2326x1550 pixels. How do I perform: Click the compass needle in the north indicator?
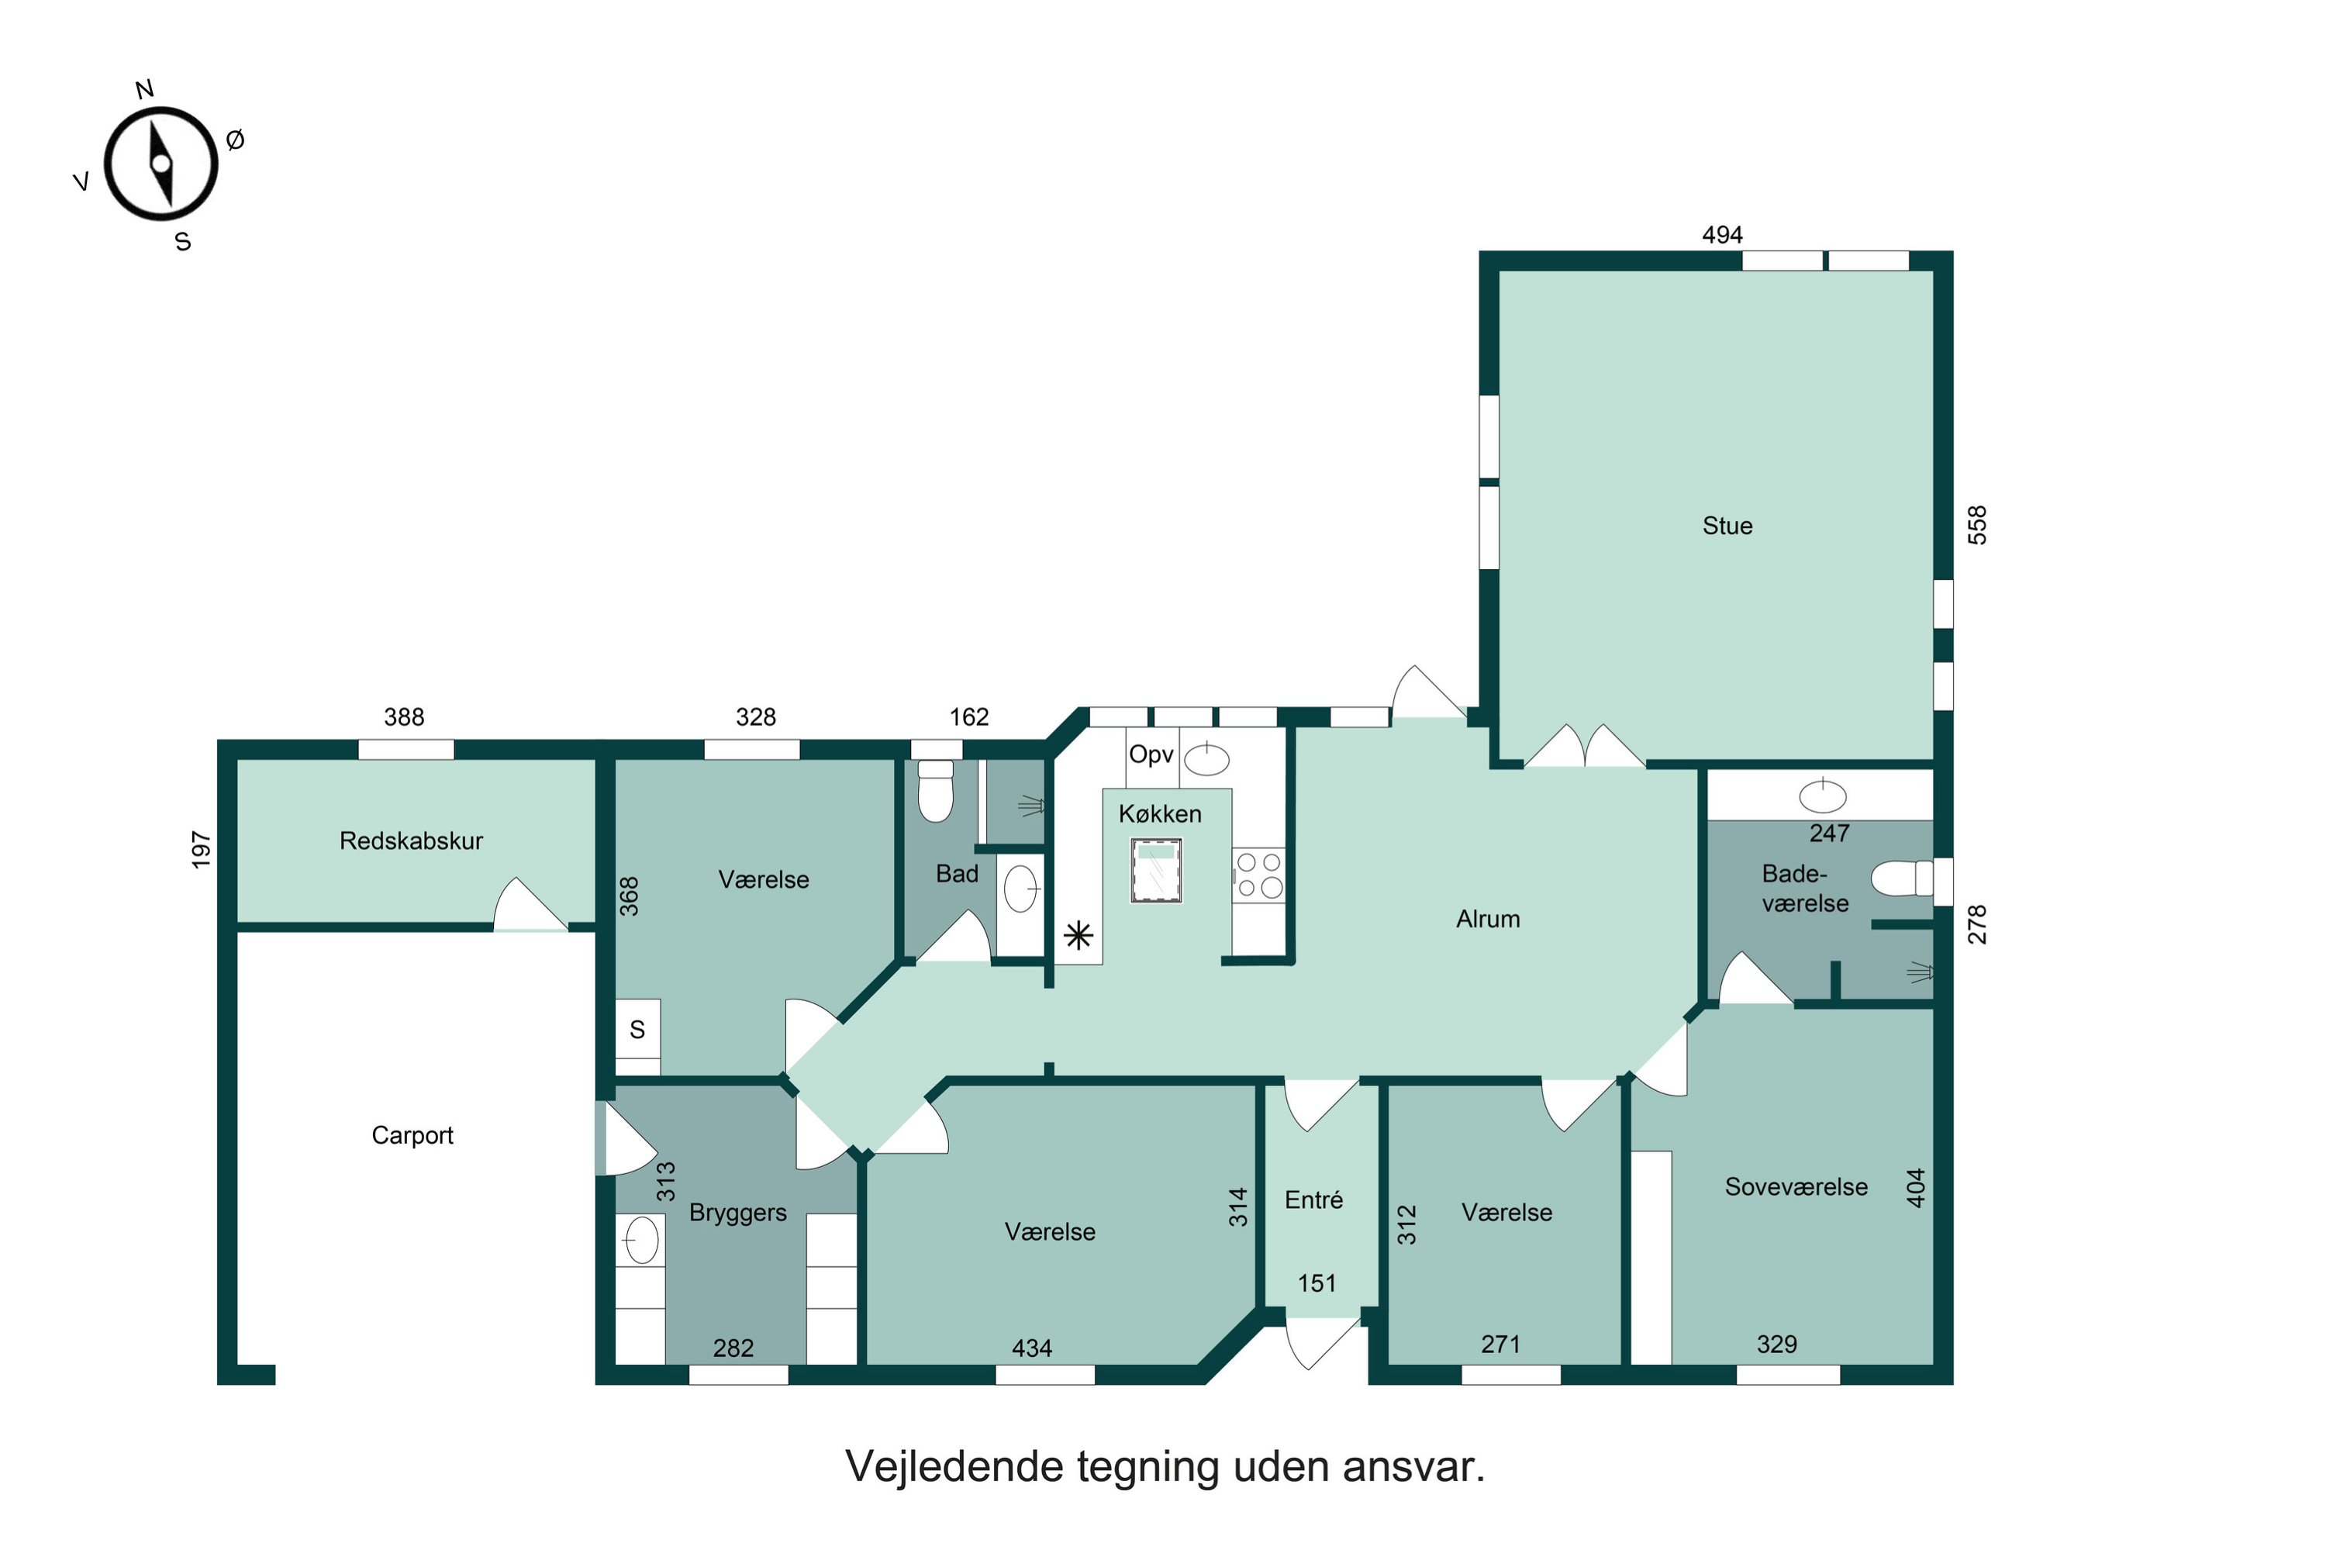[161, 164]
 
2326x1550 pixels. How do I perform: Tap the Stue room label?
[1726, 526]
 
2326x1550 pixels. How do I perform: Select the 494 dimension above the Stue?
[1721, 235]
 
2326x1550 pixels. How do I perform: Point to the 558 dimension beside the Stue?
[1976, 525]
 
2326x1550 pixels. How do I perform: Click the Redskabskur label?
[411, 841]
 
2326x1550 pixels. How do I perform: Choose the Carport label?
[412, 1135]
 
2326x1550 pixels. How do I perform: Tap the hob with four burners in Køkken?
[1258, 875]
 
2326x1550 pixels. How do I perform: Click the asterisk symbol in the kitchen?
[1078, 934]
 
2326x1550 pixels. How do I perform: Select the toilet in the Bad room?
[935, 791]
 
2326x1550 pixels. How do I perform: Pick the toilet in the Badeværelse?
[1901, 878]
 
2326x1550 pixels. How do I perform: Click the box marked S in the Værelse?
[637, 1029]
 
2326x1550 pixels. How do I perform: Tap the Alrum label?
[1487, 920]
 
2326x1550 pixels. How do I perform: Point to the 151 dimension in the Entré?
[1316, 1283]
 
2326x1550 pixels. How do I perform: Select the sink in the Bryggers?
[640, 1240]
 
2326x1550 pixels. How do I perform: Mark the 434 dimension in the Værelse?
[1031, 1348]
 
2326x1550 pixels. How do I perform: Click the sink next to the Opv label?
[1206, 759]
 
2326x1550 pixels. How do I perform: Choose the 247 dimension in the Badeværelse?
[1829, 834]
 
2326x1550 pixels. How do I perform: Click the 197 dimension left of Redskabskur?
[201, 850]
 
